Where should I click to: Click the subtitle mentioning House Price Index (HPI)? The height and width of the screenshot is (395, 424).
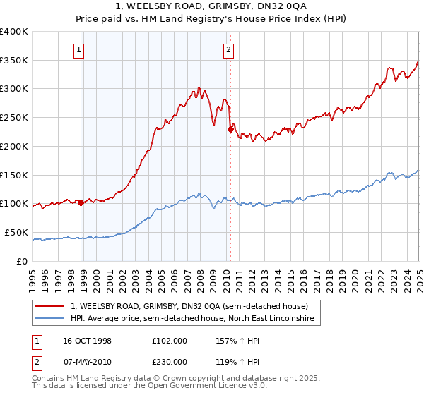(211, 20)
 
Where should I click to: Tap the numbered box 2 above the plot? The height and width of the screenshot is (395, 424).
(229, 49)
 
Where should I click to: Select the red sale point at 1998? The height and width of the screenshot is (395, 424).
(81, 202)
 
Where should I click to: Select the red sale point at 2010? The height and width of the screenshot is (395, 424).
(230, 129)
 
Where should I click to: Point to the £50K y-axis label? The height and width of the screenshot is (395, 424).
(16, 232)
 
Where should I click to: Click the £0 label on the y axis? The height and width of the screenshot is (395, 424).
(23, 261)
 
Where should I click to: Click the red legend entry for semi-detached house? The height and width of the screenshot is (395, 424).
(189, 307)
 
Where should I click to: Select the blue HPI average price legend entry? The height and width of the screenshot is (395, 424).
(196, 320)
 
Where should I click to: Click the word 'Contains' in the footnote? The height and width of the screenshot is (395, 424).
(49, 379)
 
